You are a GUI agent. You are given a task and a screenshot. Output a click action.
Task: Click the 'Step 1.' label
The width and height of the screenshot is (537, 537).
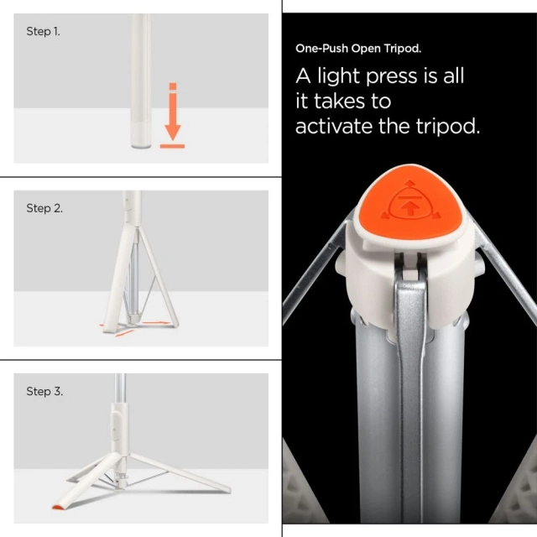click(43, 32)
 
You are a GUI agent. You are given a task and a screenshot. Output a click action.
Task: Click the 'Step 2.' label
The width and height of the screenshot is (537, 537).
click(44, 208)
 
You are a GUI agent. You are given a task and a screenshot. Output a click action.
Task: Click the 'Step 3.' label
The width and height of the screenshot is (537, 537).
click(44, 391)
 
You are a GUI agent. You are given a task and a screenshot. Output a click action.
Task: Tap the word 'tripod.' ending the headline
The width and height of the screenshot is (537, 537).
click(452, 127)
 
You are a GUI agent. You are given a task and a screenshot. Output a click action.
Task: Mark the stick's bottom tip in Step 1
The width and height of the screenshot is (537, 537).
click(142, 144)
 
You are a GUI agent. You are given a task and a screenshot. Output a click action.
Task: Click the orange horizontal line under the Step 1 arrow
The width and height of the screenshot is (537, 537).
click(172, 146)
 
